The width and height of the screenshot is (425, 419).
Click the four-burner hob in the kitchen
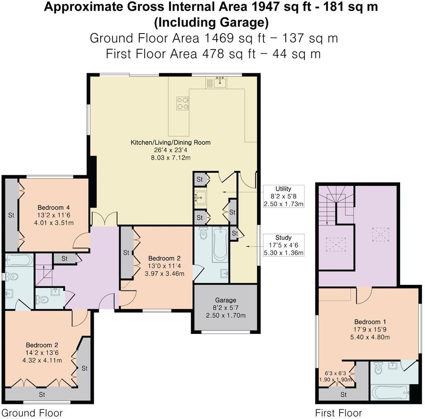point(182,103)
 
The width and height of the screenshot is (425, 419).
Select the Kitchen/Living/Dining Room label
point(170,142)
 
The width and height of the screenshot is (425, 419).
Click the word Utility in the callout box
point(283,189)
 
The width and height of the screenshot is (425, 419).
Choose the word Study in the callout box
point(283,237)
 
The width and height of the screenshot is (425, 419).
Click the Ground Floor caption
point(32,412)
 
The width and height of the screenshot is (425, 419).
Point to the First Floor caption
point(338,412)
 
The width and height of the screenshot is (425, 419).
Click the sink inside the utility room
point(200,198)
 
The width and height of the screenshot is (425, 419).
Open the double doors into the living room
point(105,219)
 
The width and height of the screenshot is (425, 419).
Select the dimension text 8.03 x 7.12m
point(170,157)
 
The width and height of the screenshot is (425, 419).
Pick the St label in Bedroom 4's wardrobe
point(11,214)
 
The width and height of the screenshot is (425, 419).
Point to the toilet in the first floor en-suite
point(378,368)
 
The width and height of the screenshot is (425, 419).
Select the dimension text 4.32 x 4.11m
point(44,360)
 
